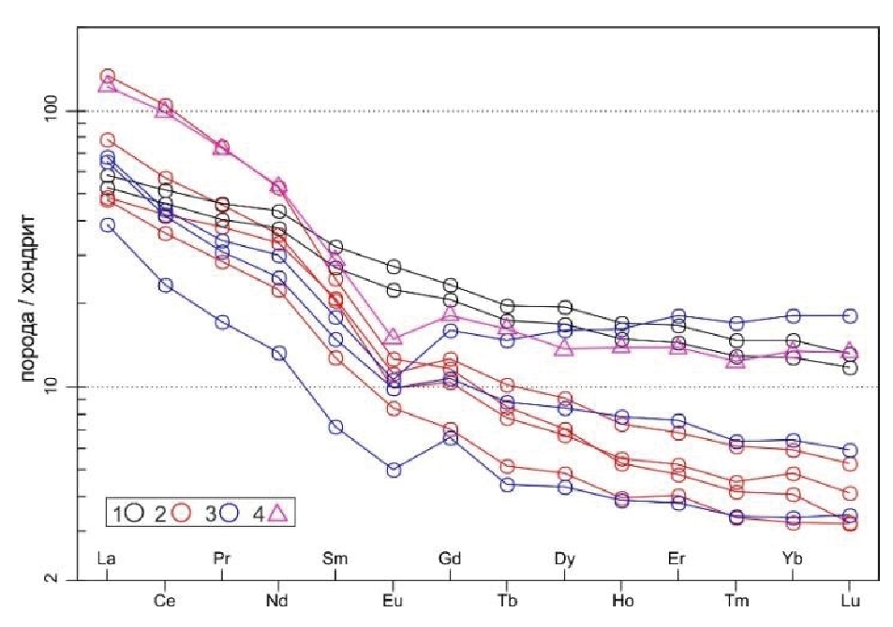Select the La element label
point(107,559)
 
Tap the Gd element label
point(450,559)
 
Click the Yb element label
point(793,559)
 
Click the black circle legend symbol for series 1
point(136,512)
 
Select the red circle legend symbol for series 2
point(184,512)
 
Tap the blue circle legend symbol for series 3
point(231,512)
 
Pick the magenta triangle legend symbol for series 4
point(278,511)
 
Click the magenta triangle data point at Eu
point(394,337)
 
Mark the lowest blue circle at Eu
point(394,470)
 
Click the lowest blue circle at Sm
point(335,427)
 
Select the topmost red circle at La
point(107,76)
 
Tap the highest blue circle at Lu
point(850,315)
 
